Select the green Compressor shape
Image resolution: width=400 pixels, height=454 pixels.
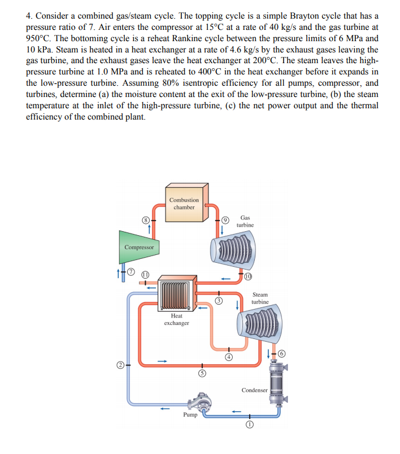138,247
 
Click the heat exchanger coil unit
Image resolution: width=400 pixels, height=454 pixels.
176,292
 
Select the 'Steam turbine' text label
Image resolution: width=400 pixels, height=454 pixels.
260,298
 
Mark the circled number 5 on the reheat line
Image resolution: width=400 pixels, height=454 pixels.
200,374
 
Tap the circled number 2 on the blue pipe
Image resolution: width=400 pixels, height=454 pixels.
121,365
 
